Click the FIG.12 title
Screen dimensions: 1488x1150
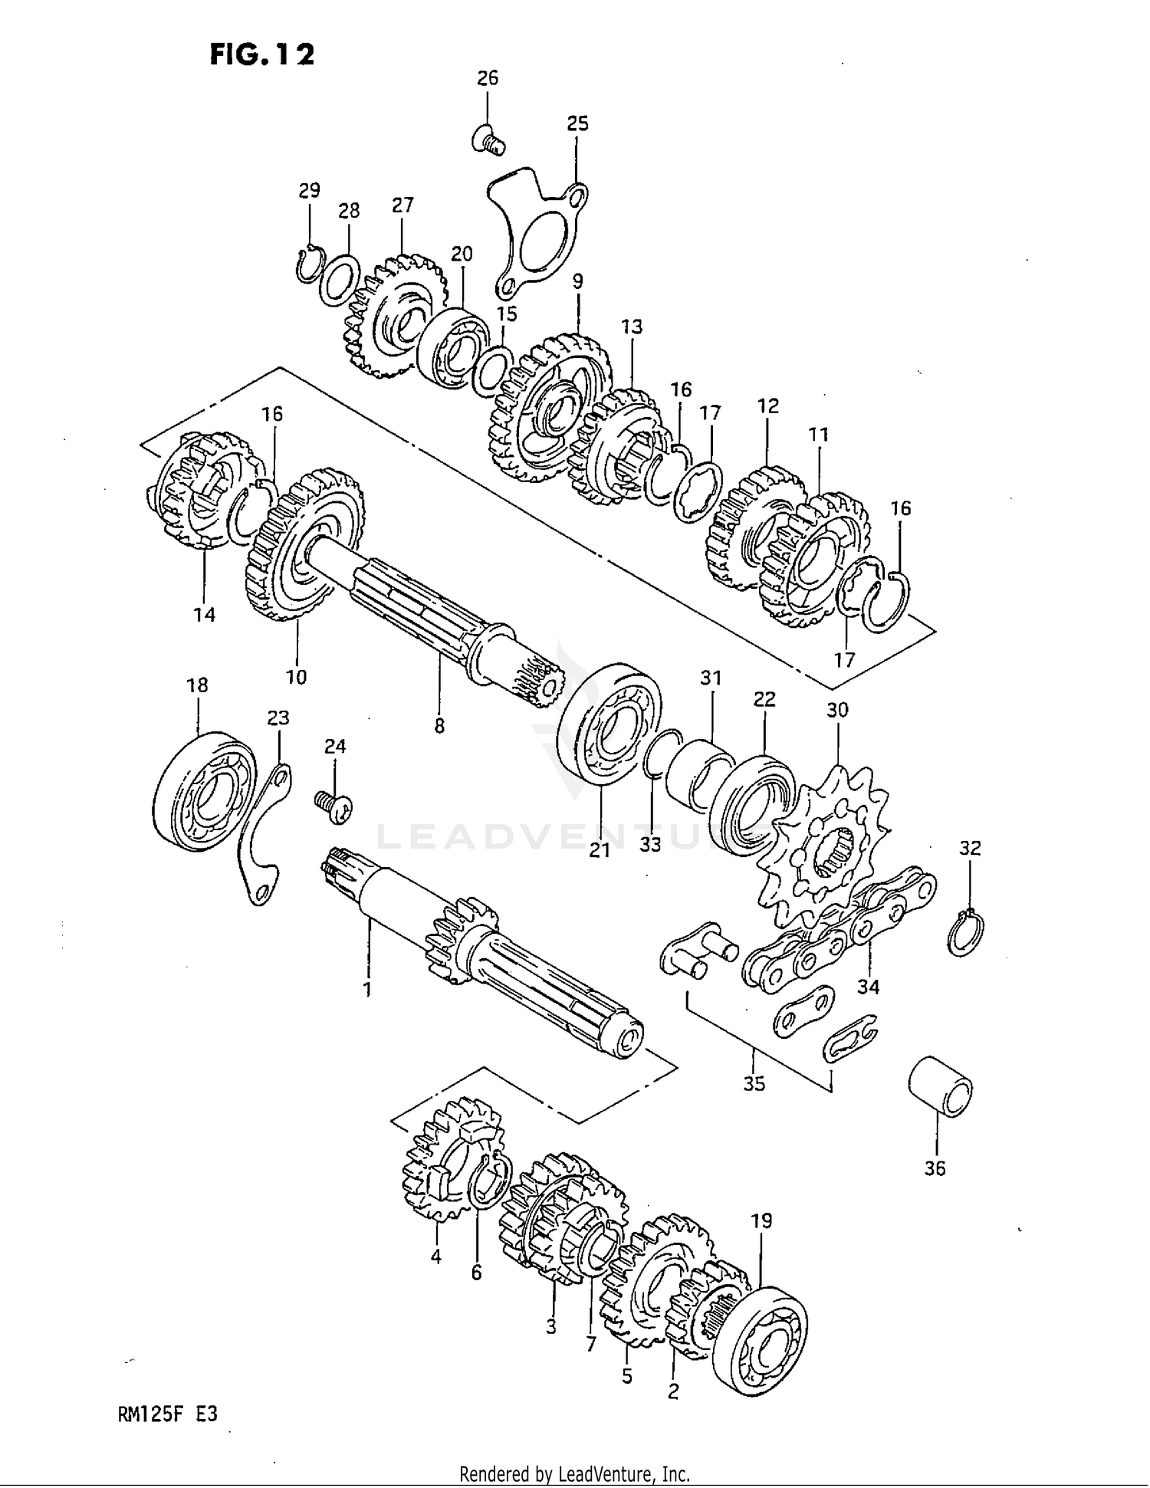click(x=261, y=54)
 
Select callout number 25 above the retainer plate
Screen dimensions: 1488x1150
click(x=577, y=123)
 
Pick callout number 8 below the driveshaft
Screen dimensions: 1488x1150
click(x=439, y=725)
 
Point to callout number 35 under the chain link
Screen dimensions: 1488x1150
click(x=754, y=1083)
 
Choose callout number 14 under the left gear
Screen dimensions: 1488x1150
click(x=204, y=614)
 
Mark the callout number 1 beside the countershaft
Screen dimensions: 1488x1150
click(x=367, y=989)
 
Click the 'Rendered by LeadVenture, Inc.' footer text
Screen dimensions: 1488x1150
click(x=574, y=1473)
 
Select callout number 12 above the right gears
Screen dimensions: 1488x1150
click(x=767, y=406)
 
